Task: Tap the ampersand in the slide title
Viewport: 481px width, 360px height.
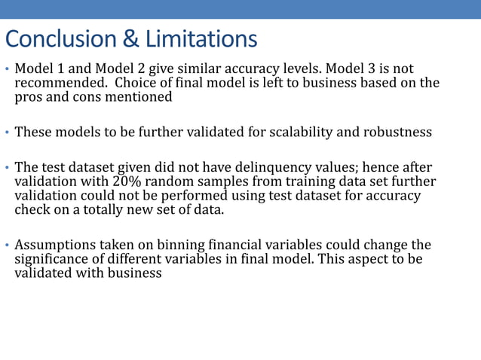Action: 125,38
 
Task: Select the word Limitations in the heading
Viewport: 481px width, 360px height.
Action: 201,38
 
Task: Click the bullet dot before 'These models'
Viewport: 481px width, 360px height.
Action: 7,133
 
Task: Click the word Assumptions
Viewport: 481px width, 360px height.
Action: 58,246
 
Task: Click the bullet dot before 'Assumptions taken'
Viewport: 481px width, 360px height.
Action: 7,246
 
